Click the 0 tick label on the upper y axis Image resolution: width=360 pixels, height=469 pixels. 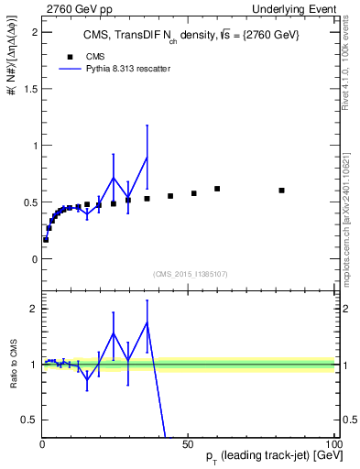coord(33,259)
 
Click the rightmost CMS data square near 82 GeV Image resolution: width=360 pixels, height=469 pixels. coord(281,191)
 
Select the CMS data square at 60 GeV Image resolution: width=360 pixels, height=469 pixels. coord(217,189)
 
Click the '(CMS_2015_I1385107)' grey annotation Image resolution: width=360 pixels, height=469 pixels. coord(190,273)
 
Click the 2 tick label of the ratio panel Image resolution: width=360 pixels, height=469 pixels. coord(33,309)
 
